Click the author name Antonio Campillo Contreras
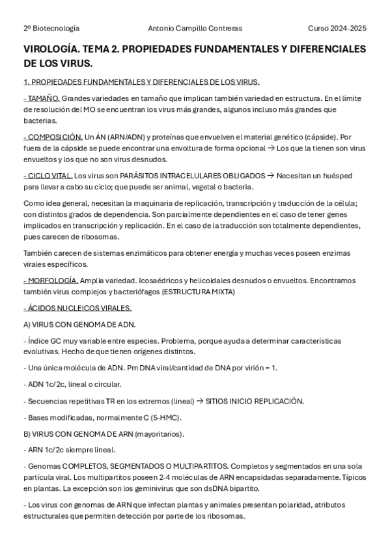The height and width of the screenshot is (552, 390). point(195,29)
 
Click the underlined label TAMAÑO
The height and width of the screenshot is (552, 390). point(41,98)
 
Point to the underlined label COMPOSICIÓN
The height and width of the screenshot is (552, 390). point(53,137)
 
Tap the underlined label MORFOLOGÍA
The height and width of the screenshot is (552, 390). point(50,281)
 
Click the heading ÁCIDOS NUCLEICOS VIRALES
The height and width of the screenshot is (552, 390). point(77,308)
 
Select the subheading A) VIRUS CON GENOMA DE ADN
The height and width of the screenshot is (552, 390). point(79,324)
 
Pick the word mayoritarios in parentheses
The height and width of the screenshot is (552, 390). point(161,434)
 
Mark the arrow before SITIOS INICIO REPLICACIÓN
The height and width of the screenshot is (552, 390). point(199,401)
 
